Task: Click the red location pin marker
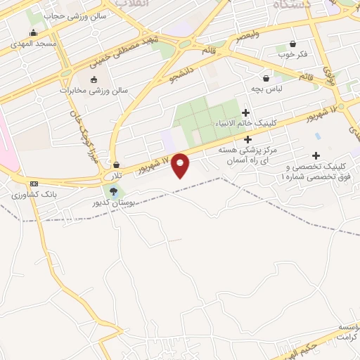tap(181, 165)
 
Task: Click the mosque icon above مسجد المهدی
tap(33, 32)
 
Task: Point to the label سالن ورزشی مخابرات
tap(85, 90)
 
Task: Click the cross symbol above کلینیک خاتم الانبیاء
tap(245, 112)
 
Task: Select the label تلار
tap(114, 173)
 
